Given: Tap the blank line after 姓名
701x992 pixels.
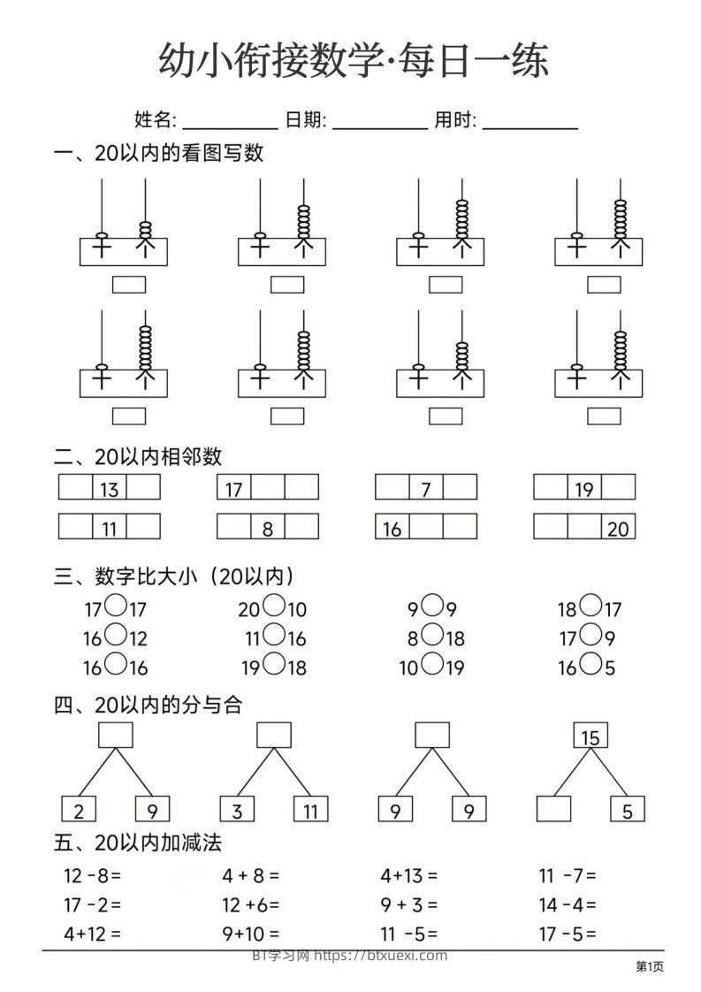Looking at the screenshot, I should click(x=230, y=122).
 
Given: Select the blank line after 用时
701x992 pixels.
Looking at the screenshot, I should click(x=530, y=122).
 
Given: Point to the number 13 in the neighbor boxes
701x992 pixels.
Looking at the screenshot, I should click(x=109, y=488).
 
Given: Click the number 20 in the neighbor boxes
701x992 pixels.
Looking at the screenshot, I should click(x=618, y=528).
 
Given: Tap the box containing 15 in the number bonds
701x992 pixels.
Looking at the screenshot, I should click(x=591, y=736).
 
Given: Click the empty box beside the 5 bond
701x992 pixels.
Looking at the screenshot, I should click(x=553, y=809).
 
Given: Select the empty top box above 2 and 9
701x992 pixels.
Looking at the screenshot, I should click(x=115, y=736).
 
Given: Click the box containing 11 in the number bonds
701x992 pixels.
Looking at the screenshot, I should click(x=310, y=809).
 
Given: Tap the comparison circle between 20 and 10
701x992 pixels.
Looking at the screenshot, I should click(x=274, y=607).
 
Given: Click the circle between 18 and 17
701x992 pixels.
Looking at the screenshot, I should click(x=591, y=607).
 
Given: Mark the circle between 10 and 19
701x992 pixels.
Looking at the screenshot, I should click(x=432, y=665).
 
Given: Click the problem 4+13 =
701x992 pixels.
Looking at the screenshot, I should click(x=408, y=876).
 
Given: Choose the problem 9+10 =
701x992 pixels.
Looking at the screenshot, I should click(x=251, y=933).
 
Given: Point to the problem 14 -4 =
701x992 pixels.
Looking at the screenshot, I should click(x=568, y=904).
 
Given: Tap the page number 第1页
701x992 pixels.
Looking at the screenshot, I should click(x=650, y=967).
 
